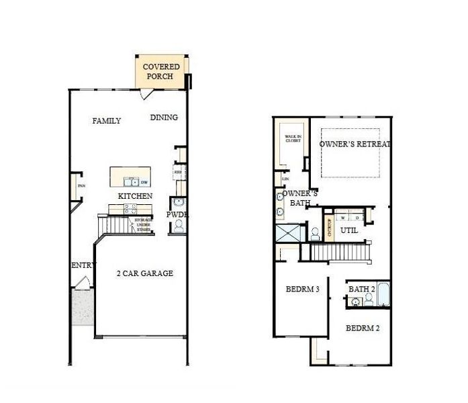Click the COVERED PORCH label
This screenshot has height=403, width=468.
click(x=161, y=72)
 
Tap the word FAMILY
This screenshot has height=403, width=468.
click(x=107, y=121)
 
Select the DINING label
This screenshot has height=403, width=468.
click(x=164, y=118)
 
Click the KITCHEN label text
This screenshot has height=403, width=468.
click(x=135, y=195)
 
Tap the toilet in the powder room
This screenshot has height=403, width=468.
click(x=179, y=226)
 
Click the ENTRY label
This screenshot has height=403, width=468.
click(x=81, y=266)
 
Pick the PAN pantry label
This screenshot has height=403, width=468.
click(x=81, y=186)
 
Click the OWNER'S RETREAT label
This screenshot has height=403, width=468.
click(x=355, y=144)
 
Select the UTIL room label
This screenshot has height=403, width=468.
click(x=348, y=230)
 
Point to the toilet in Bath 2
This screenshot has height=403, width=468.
click(x=353, y=302)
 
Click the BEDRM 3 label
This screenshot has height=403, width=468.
click(x=302, y=289)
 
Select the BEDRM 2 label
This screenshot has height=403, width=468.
click(x=363, y=328)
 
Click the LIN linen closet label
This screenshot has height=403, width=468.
click(x=285, y=179)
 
